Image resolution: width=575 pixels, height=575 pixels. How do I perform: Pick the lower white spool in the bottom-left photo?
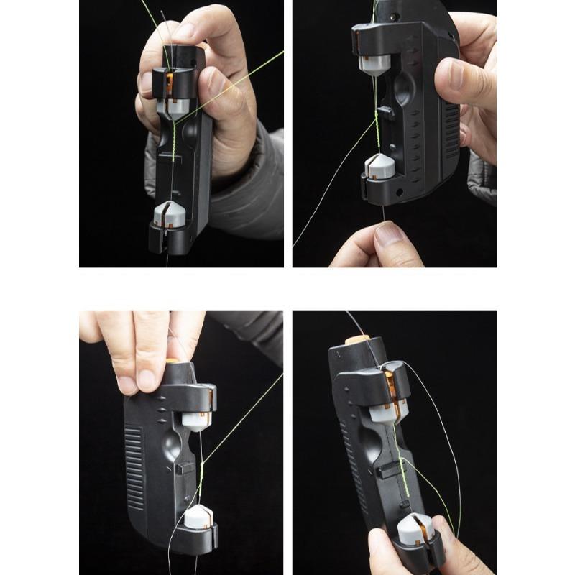(x=196, y=518)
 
